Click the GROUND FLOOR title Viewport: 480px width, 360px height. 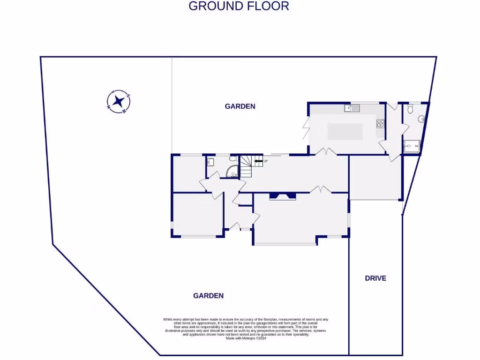(239, 6)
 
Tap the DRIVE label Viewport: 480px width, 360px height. (375, 278)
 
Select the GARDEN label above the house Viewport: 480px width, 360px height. (240, 106)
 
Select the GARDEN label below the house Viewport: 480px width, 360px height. (208, 296)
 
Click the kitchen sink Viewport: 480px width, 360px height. (352, 108)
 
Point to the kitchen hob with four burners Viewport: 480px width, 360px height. (381, 124)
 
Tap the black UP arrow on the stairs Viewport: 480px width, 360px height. (258, 161)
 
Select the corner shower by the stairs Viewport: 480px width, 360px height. (233, 173)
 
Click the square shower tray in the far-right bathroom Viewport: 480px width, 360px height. (411, 147)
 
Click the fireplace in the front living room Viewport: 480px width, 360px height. (283, 196)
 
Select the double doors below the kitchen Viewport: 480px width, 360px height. (325, 151)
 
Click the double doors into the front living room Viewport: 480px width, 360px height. (321, 189)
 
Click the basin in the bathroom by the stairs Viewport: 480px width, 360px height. (210, 162)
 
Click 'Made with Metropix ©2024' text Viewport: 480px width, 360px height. (246, 338)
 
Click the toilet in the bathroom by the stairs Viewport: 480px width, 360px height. (233, 159)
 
